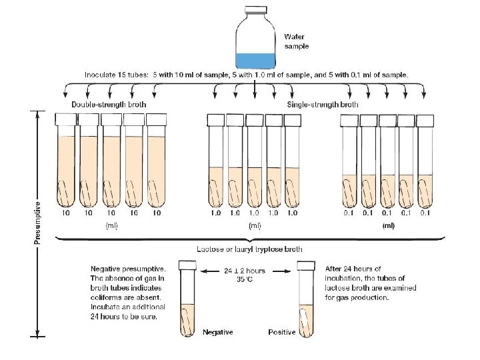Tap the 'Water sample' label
(296, 41)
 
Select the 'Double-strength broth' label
(109, 105)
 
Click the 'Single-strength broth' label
(323, 105)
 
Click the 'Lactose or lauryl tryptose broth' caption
(249, 249)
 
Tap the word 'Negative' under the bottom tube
(217, 332)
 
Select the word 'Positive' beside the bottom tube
(283, 332)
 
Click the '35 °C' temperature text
(246, 281)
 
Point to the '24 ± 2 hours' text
(246, 271)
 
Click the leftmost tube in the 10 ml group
(67, 163)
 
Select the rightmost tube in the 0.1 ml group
(425, 163)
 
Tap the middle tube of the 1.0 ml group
(255, 163)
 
